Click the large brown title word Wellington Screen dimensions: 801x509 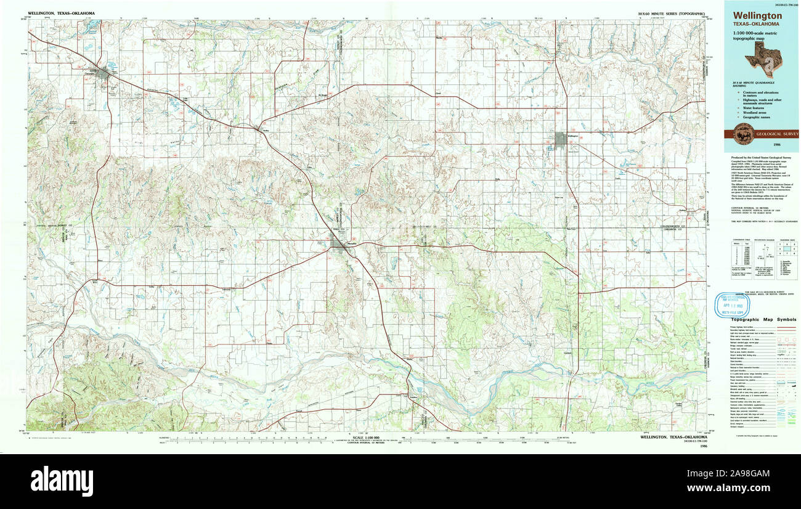[757, 16]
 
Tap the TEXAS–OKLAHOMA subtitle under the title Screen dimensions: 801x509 [755, 24]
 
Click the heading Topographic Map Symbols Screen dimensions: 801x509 [763, 320]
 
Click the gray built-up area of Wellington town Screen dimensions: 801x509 [560, 140]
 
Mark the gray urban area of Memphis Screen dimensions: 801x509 [338, 245]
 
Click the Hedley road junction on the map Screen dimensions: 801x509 [257, 128]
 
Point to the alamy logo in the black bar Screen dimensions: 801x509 [62, 480]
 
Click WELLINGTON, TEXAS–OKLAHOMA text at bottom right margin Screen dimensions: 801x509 [669, 437]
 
